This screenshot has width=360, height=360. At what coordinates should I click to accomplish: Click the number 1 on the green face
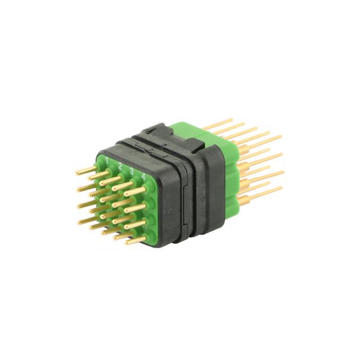tap(106, 161)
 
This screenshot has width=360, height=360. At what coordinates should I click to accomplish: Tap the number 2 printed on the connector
tap(120, 166)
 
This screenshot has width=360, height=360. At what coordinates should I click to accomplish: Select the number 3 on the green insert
tap(132, 172)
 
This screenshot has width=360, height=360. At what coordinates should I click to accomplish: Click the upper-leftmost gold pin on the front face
tap(86, 170)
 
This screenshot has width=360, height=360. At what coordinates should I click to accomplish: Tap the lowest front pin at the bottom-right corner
tap(135, 242)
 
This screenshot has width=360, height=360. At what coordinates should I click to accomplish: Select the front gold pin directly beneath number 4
tap(135, 191)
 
